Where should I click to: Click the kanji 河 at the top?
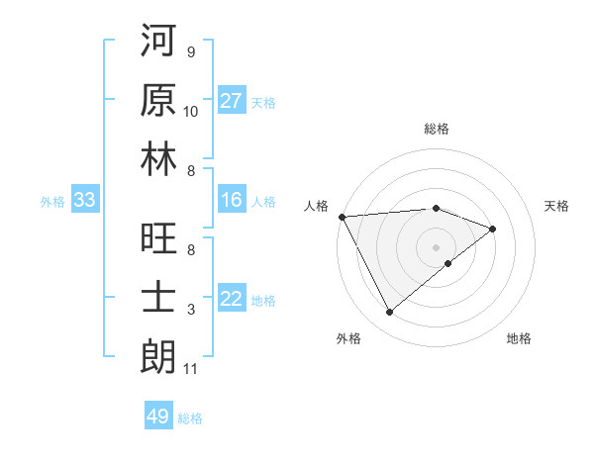(158, 41)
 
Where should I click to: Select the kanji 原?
(158, 99)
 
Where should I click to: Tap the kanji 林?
(158, 158)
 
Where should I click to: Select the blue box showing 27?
(232, 101)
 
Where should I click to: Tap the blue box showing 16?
(232, 201)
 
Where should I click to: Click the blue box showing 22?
(232, 300)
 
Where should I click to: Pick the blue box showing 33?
(84, 201)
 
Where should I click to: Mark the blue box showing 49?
(157, 417)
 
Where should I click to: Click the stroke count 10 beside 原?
(191, 112)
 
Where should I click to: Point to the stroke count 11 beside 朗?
(191, 369)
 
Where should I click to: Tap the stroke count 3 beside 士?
(191, 311)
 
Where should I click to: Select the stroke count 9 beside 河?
(191, 52)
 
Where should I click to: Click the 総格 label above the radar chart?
(436, 130)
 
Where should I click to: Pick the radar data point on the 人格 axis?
(342, 216)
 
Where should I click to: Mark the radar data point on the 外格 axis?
(389, 313)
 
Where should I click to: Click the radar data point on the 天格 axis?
(493, 229)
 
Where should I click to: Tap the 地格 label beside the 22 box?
(263, 301)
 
